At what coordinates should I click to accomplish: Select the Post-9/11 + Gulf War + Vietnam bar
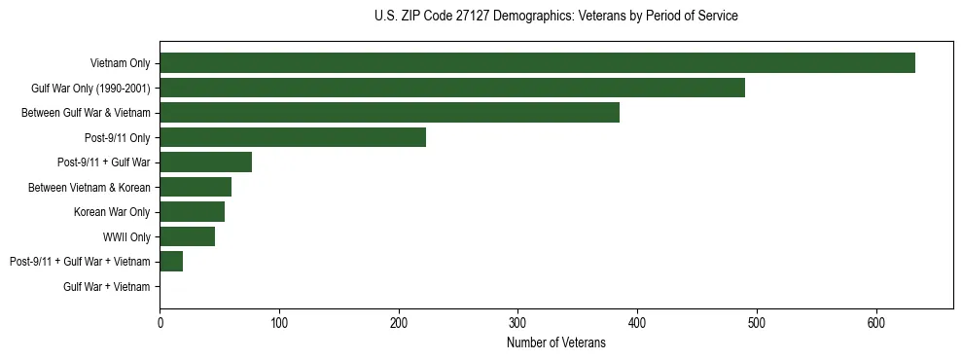[171, 262]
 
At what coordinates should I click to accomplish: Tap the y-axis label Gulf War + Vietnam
[107, 287]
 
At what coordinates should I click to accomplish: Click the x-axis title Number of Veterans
[556, 343]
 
